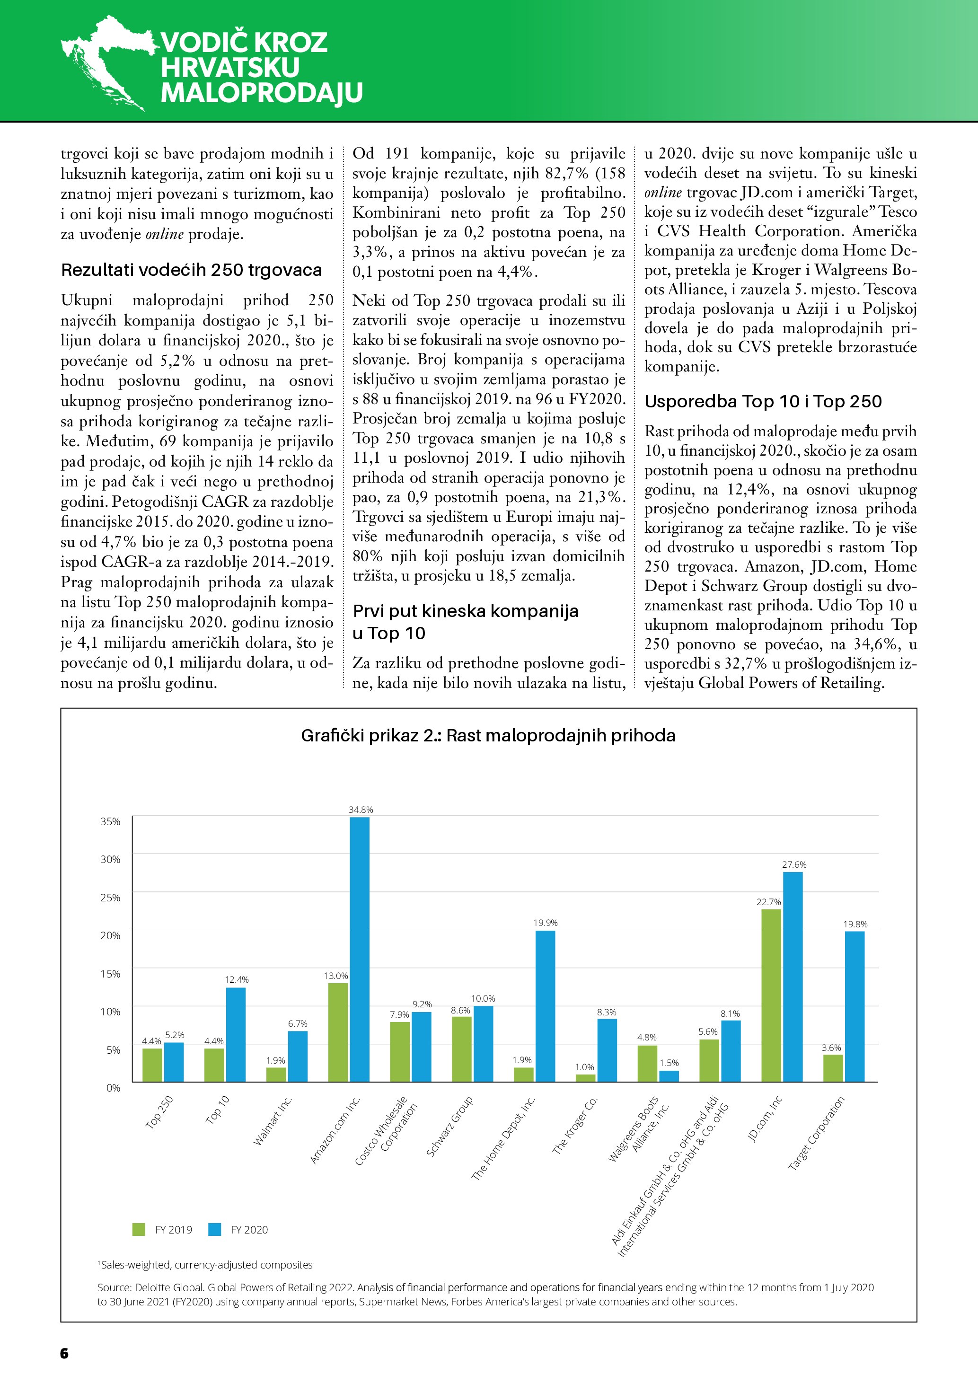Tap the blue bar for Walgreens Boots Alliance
click(x=669, y=1076)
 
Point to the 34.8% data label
click(x=361, y=810)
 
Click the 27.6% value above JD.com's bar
click(x=794, y=864)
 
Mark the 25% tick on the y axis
click(x=110, y=898)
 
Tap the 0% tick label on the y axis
click(x=113, y=1088)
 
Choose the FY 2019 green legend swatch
click(x=139, y=1229)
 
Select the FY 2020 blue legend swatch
click(x=215, y=1229)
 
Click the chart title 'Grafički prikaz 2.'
click(x=488, y=735)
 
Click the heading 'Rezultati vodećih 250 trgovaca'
click(x=192, y=270)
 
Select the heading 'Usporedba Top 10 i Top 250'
click(x=763, y=402)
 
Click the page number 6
click(x=64, y=1353)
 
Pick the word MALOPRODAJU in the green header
click(x=261, y=93)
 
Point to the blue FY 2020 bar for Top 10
click(x=236, y=1034)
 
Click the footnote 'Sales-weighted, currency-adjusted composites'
click(x=206, y=1265)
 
